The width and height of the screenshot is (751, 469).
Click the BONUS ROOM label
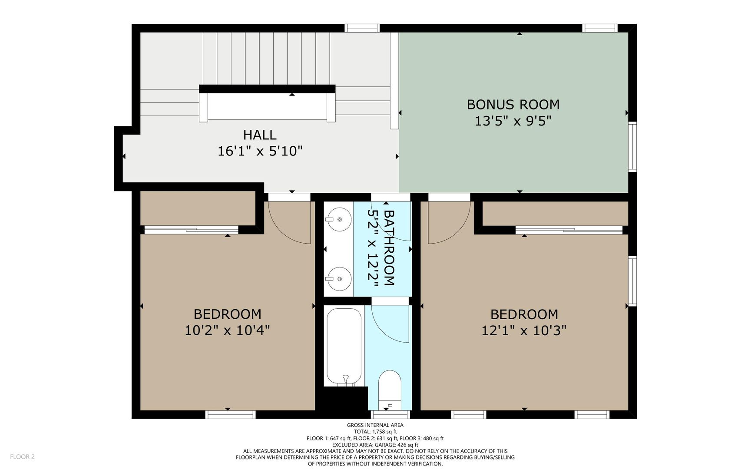(x=513, y=104)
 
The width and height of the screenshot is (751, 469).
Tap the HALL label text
(x=260, y=135)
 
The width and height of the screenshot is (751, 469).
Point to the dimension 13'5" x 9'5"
(x=513, y=121)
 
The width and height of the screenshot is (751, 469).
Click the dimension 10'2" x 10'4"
(x=227, y=330)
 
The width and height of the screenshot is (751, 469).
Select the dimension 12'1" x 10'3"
(x=524, y=331)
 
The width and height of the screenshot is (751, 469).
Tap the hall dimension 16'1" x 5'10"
(x=260, y=151)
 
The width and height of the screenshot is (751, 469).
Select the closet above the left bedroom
(x=198, y=208)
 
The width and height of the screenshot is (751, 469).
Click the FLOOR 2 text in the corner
(x=22, y=456)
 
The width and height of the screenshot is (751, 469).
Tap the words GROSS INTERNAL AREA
(x=375, y=425)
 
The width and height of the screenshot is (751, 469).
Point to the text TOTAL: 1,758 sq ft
(x=375, y=432)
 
